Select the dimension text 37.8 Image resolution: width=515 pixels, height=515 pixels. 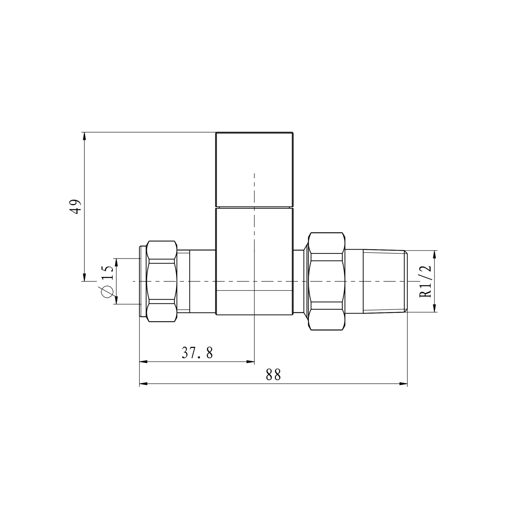tap(197, 353)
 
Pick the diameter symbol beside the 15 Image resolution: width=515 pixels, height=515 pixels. tap(107, 292)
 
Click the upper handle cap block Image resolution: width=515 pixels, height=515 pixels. tap(254, 170)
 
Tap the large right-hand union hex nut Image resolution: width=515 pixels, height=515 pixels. tap(327, 281)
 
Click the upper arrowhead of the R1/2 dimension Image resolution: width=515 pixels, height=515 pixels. tap(434, 254)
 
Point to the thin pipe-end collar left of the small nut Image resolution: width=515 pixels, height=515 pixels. tap(143, 281)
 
